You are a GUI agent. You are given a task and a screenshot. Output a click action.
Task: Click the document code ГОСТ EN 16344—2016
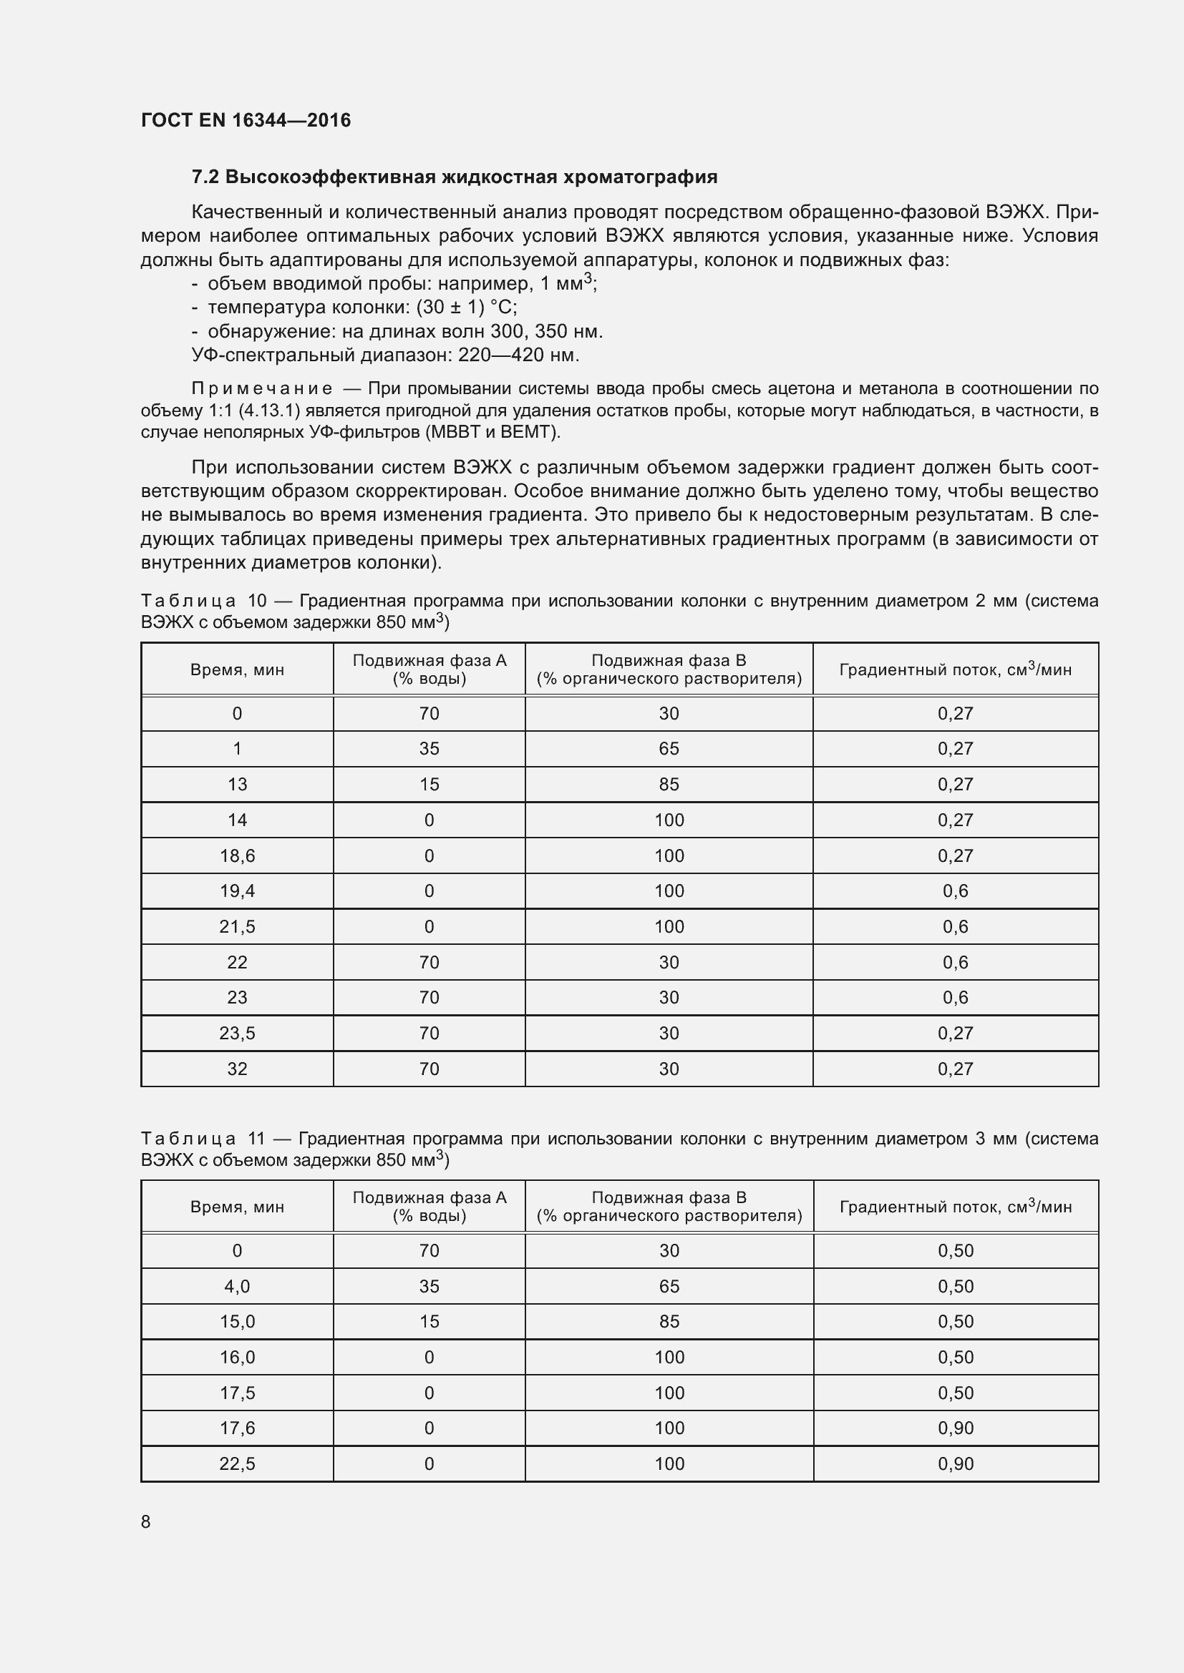(x=246, y=120)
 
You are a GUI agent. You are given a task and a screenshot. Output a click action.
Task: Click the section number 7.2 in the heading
(x=205, y=177)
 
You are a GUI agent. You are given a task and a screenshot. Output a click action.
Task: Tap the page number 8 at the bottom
(x=146, y=1521)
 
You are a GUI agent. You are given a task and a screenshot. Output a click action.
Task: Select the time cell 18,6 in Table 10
(x=237, y=855)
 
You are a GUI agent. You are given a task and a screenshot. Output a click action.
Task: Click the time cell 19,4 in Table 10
(x=237, y=891)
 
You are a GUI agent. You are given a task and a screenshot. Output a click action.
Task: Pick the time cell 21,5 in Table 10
(x=237, y=926)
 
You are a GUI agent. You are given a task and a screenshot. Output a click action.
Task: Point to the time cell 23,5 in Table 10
(x=237, y=1034)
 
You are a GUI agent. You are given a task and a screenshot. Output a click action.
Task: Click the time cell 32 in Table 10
(x=237, y=1069)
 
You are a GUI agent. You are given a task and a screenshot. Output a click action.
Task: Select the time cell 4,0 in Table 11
(x=237, y=1287)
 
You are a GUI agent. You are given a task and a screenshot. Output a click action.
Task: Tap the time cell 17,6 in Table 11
(x=237, y=1428)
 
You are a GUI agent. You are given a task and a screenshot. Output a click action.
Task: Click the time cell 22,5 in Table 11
(x=237, y=1464)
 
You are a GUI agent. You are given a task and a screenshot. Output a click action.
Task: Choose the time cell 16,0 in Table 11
(x=237, y=1358)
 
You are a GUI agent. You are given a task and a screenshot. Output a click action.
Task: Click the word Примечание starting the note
(x=262, y=389)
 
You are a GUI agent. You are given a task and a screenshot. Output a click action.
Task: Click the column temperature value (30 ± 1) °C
(x=467, y=308)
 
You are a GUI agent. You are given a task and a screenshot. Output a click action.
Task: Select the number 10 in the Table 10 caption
(x=258, y=601)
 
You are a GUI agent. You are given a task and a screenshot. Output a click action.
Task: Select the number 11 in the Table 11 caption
(x=257, y=1139)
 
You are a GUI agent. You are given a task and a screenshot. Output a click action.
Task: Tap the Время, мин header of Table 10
(x=237, y=669)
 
